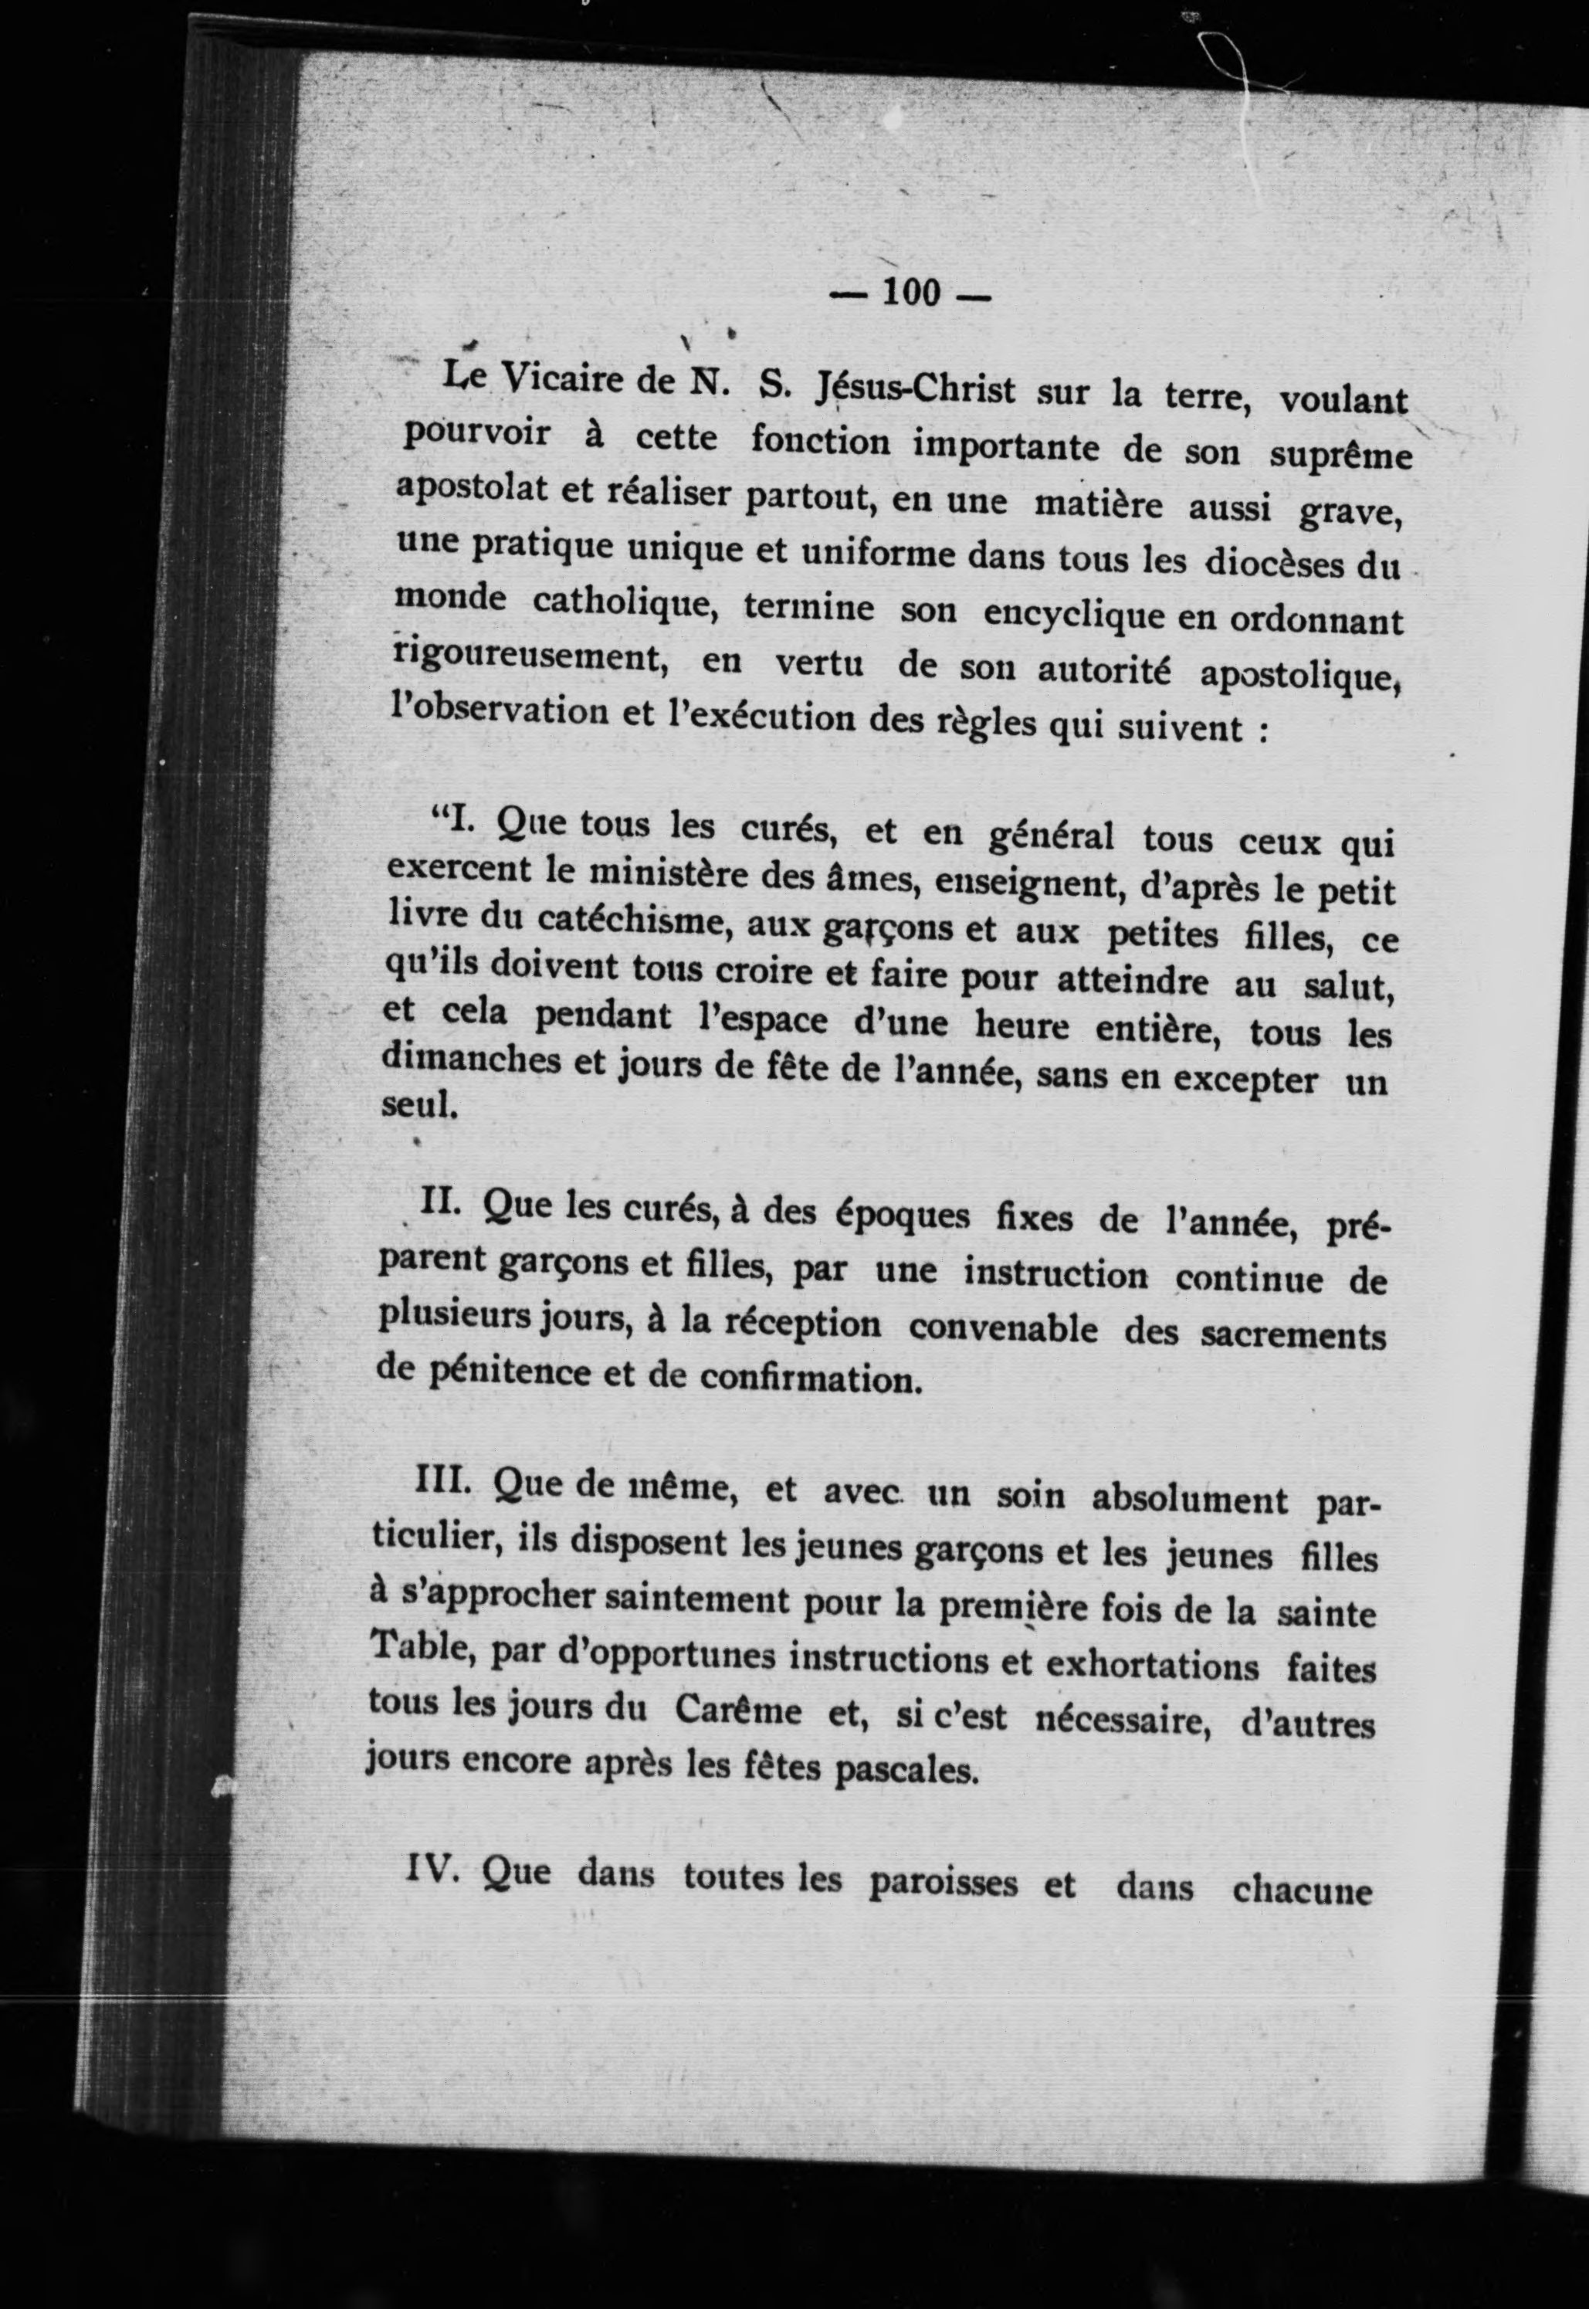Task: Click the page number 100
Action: click(910, 292)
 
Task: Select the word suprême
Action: click(1340, 453)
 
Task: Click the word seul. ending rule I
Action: click(419, 1106)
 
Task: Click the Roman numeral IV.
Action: click(431, 1867)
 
